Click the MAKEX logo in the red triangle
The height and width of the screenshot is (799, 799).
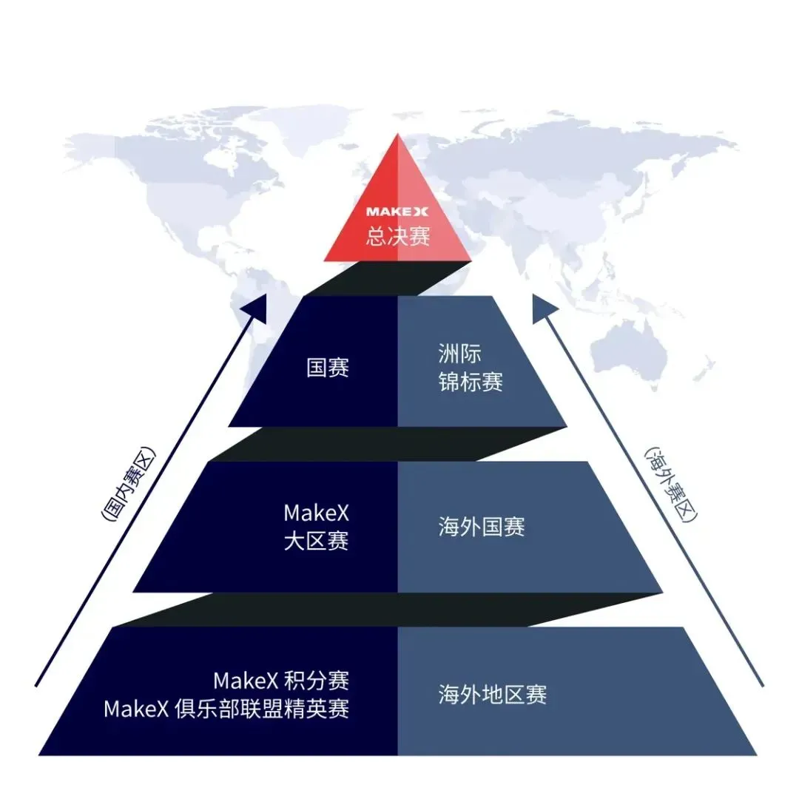tap(397, 212)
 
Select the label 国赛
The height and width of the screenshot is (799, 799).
tap(327, 368)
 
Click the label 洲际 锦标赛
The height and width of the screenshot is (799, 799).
tap(471, 368)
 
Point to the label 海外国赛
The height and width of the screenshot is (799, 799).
tap(482, 527)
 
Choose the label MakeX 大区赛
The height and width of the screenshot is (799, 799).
tap(316, 527)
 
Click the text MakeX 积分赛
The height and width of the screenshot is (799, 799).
tap(281, 680)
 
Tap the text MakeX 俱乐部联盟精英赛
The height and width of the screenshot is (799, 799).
tap(226, 709)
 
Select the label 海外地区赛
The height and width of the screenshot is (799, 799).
tap(492, 695)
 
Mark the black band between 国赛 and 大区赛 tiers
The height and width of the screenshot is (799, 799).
tap(385, 444)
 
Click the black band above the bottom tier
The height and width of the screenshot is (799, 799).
tap(385, 610)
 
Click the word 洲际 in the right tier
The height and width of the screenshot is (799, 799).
tap(459, 354)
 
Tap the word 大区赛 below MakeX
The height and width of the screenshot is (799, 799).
tap(316, 541)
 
